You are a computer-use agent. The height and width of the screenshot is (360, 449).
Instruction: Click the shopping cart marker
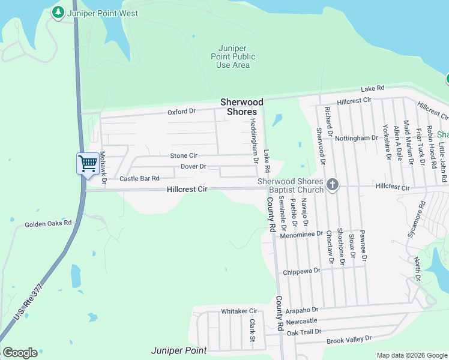tap(88, 163)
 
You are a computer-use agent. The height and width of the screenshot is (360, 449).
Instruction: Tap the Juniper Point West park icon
tap(58, 13)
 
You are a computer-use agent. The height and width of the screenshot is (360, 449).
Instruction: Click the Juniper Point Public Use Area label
tap(236, 56)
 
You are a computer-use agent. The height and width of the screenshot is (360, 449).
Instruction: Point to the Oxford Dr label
tap(181, 112)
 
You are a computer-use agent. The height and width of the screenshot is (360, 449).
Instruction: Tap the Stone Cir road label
tap(183, 155)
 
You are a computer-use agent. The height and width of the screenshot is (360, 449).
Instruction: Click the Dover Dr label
tap(193, 166)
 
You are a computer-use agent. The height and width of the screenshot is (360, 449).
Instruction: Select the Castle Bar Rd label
tap(139, 178)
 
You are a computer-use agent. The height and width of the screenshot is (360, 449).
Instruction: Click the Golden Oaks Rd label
tap(48, 224)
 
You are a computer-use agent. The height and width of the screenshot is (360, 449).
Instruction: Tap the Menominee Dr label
tap(301, 235)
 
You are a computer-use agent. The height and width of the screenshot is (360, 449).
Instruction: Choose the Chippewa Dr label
tap(302, 271)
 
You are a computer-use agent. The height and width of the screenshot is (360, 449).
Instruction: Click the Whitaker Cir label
tap(239, 311)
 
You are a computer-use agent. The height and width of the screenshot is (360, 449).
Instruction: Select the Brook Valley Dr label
tap(349, 340)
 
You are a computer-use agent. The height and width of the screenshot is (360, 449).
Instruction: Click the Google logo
tap(20, 353)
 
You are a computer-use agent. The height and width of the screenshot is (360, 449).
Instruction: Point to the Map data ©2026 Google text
tap(411, 355)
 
